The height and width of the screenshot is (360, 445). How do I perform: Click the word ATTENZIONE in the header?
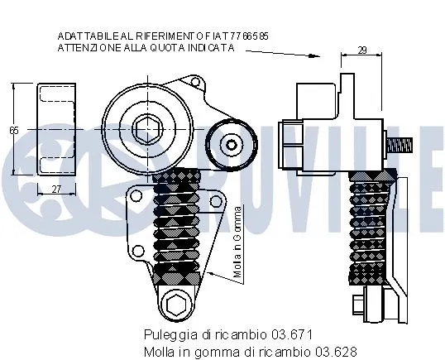click(86, 49)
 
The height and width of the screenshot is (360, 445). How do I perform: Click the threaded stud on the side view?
click(403, 146)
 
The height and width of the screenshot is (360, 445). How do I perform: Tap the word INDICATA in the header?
click(209, 49)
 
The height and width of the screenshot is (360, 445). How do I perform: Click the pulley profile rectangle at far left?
click(55, 130)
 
